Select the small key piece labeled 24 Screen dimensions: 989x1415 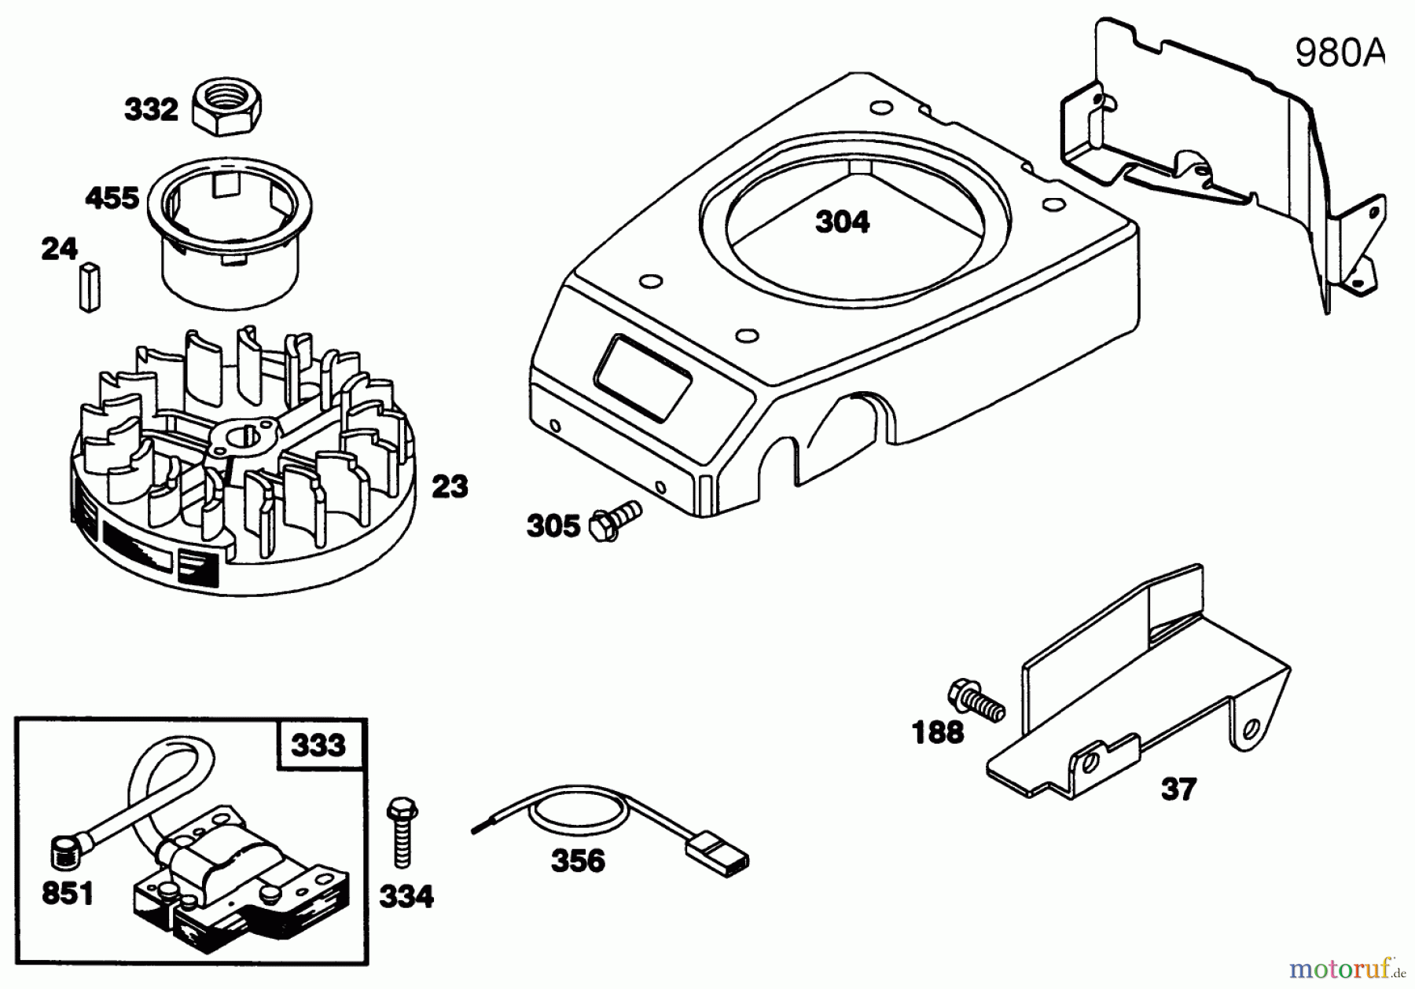click(90, 288)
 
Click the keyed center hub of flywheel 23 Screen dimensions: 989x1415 click(240, 436)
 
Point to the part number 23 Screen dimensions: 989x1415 click(450, 487)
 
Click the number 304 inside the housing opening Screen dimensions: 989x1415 click(842, 222)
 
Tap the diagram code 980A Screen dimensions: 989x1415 click(1339, 53)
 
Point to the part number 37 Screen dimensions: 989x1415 click(1178, 789)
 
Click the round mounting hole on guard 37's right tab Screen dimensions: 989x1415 click(1253, 727)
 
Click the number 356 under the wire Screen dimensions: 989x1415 click(578, 861)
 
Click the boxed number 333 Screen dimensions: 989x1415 click(318, 745)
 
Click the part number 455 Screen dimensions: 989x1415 click(112, 198)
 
